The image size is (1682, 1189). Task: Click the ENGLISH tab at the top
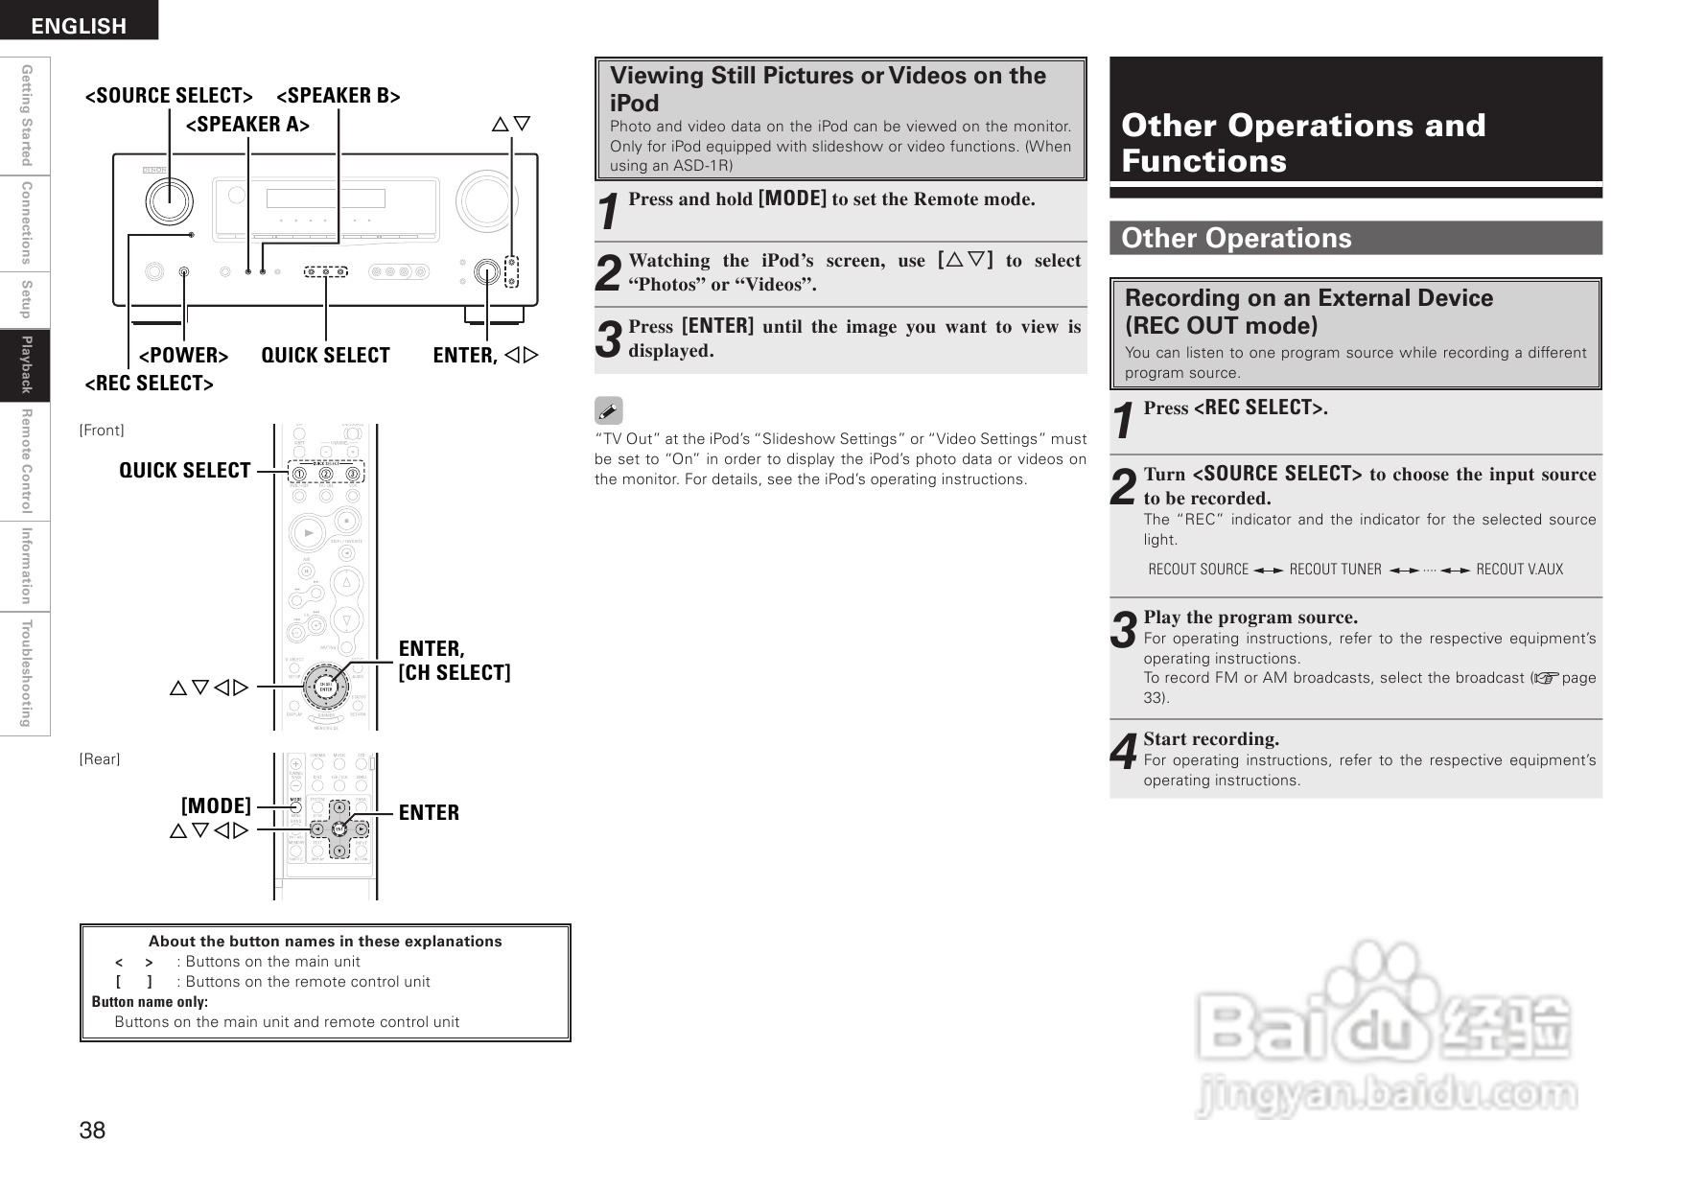pos(79,25)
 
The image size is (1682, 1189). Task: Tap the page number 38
pos(92,1131)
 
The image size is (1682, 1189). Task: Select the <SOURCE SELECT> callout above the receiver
pos(169,95)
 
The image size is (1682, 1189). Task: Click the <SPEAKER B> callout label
pos(338,95)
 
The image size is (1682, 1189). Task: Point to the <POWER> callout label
pos(183,356)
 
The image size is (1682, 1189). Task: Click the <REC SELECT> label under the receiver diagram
pos(149,384)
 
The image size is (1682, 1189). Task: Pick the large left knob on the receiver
pos(170,201)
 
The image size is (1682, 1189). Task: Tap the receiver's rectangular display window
pos(325,198)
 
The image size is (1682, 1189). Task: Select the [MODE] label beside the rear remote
pos(216,805)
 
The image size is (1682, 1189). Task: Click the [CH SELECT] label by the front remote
pos(455,672)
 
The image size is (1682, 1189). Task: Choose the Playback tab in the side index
pos(26,364)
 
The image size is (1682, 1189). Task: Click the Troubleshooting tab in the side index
pos(26,673)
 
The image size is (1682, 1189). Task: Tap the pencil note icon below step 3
pos(608,410)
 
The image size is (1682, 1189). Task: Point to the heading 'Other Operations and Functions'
pos(1303,142)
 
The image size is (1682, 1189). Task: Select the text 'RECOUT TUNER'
pos(1335,570)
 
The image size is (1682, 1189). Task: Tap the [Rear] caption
pos(100,759)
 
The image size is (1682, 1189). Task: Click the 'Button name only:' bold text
pos(150,1002)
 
